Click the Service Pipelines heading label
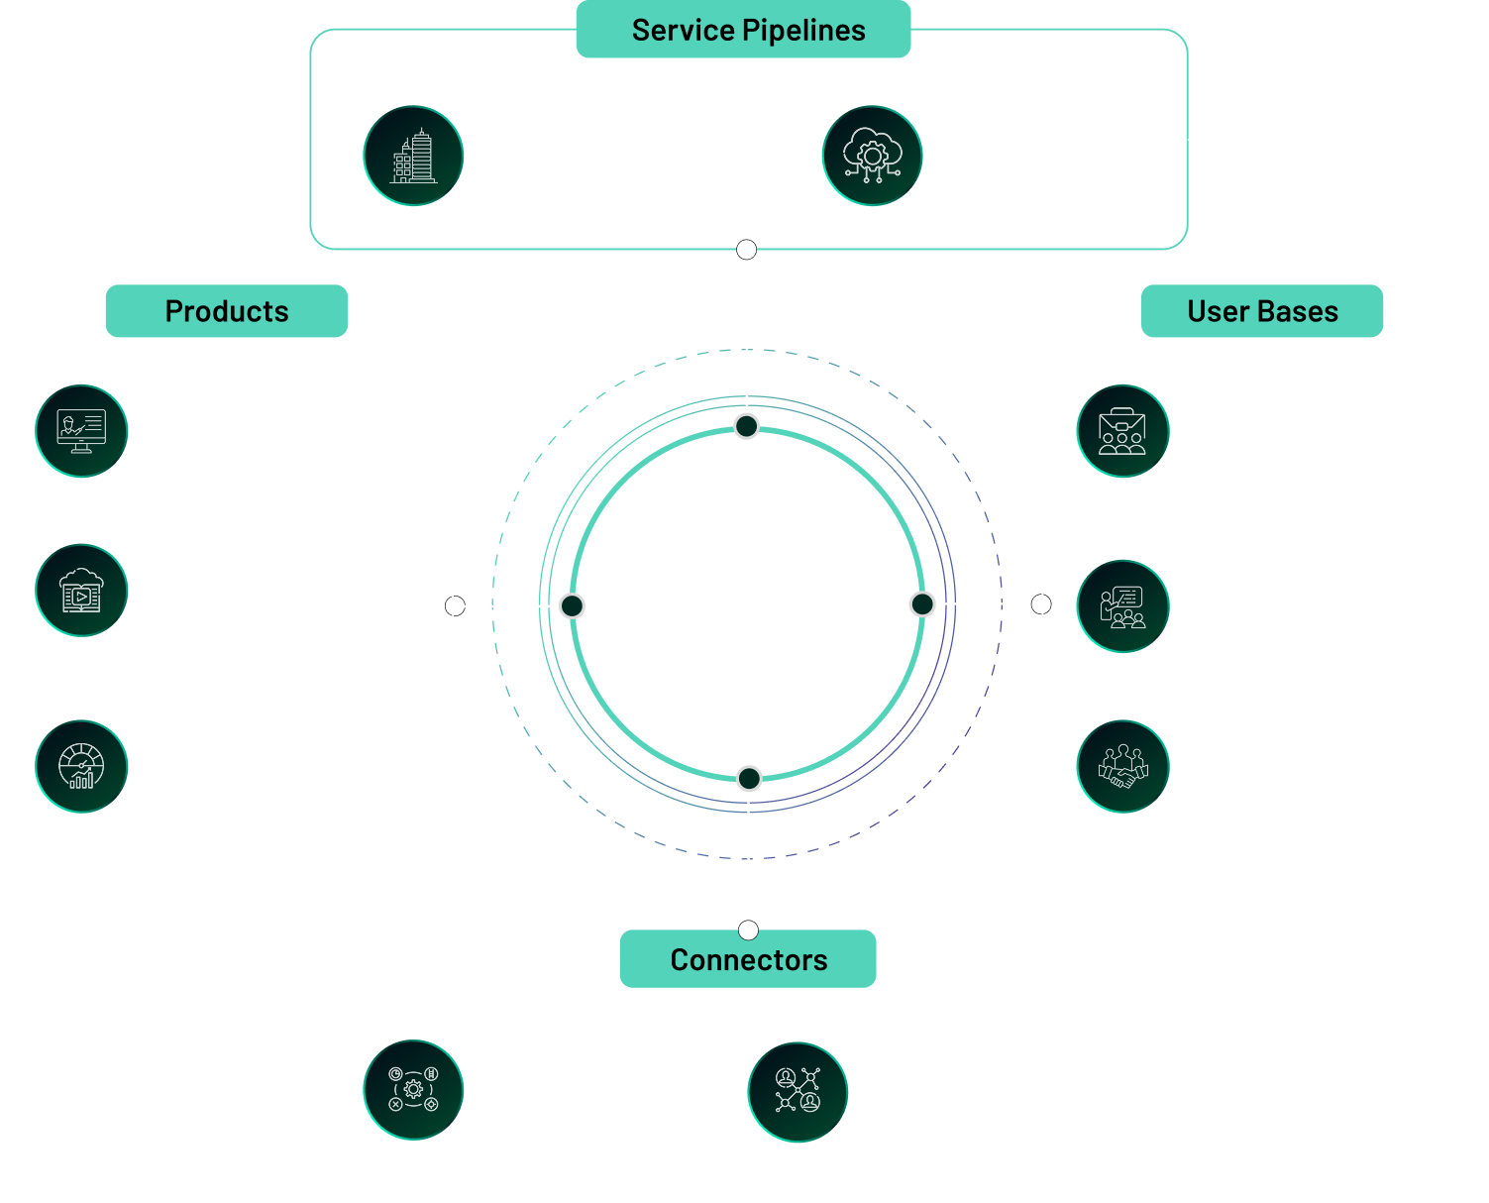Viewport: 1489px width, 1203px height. [x=743, y=30]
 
